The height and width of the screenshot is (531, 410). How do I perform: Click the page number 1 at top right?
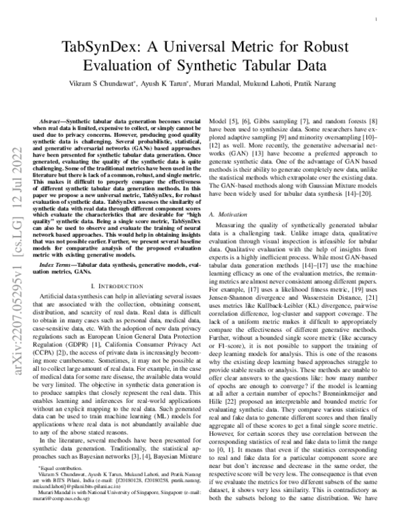coord(377,21)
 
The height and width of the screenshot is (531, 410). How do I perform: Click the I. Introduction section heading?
coord(120,281)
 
